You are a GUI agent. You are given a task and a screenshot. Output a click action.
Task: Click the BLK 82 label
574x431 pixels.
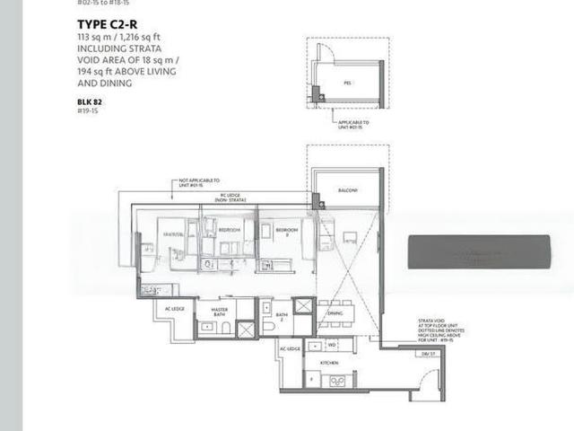90,101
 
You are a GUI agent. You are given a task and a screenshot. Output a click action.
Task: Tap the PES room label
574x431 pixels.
347,82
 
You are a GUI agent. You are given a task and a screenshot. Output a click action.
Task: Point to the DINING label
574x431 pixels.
335,313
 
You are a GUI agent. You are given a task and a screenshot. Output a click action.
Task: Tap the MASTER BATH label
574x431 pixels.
218,312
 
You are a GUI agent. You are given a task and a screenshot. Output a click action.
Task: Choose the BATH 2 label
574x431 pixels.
282,315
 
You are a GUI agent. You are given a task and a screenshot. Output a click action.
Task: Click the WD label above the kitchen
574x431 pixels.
331,344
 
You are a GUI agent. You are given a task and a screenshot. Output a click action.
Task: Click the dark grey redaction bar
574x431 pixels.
479,251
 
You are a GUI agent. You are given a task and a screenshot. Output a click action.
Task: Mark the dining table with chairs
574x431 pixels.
335,313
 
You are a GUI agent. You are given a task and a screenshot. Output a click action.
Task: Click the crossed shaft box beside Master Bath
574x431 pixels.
247,329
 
